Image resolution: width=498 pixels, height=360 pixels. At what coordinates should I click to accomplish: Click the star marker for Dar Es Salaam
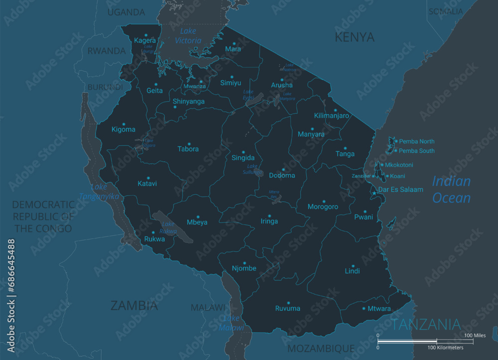(x=374, y=193)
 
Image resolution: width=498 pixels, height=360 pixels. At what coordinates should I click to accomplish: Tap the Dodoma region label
(x=282, y=175)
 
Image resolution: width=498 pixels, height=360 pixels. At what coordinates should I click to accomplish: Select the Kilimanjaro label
(x=332, y=116)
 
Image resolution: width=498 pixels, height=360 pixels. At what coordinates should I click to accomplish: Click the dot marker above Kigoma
(x=124, y=124)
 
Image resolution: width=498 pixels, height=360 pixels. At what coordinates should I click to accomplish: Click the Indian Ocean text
(x=451, y=189)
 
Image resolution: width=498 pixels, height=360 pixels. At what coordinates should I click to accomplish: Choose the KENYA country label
(x=354, y=37)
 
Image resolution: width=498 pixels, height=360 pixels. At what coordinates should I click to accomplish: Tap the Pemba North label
(x=417, y=141)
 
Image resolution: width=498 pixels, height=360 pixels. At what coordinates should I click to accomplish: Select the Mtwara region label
(x=379, y=309)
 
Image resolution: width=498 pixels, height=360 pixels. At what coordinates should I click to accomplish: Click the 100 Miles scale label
(x=475, y=336)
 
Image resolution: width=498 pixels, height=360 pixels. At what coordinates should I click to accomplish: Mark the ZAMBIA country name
(x=134, y=305)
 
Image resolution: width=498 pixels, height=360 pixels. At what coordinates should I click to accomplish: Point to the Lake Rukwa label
(x=168, y=228)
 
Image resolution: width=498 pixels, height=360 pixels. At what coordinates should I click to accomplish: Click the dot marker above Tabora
(x=189, y=143)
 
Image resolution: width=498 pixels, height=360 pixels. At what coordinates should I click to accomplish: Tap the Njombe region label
(x=244, y=268)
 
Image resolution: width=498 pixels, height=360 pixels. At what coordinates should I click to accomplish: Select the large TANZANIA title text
(x=426, y=325)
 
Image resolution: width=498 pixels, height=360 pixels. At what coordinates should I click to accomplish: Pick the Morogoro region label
(x=323, y=207)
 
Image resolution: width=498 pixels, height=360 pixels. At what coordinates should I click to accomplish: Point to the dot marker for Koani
(x=387, y=176)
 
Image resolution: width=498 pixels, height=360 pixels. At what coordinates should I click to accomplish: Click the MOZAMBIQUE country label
(x=321, y=348)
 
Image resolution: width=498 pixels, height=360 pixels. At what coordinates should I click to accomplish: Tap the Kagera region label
(x=145, y=40)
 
